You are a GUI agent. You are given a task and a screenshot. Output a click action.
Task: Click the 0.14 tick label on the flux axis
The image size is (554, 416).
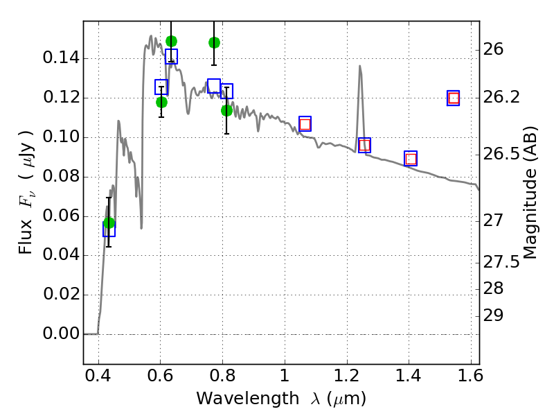click(60, 58)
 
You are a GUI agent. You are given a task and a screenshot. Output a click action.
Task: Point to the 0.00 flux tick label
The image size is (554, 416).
click(60, 334)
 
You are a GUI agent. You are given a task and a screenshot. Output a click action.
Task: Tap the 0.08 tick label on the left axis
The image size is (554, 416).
click(60, 177)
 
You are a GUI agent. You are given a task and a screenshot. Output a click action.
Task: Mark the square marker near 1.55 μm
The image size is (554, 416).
click(454, 98)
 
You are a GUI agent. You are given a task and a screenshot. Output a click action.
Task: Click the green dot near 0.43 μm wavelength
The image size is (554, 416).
click(109, 223)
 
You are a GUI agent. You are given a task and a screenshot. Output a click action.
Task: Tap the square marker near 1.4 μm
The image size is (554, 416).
click(411, 159)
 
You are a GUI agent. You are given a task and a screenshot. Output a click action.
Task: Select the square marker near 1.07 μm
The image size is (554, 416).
click(305, 124)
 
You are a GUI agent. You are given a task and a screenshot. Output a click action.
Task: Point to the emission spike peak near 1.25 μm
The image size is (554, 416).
click(360, 67)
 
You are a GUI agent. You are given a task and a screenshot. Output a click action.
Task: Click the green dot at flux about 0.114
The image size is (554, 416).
click(226, 110)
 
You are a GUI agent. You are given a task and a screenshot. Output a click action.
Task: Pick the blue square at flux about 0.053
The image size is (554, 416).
click(109, 229)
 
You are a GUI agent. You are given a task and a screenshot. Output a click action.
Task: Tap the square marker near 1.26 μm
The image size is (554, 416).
click(364, 145)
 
